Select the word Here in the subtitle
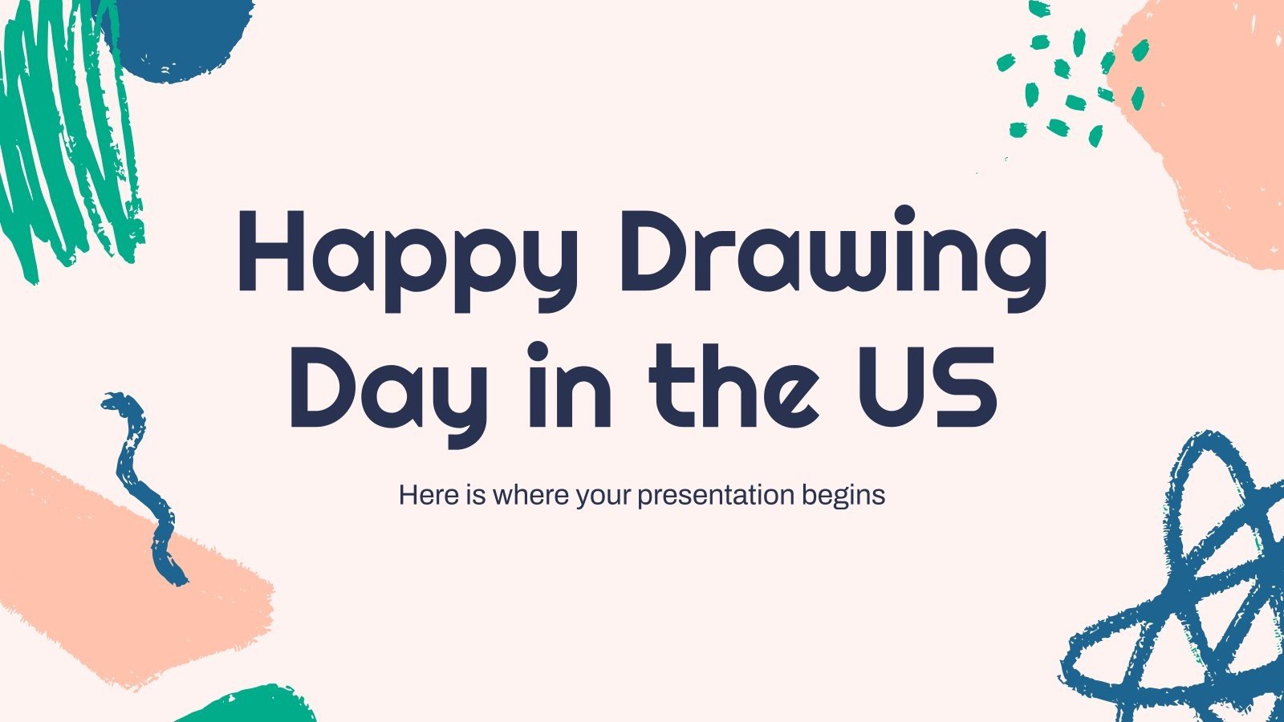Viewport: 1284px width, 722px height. [429, 495]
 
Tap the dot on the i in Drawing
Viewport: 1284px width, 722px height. [904, 216]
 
